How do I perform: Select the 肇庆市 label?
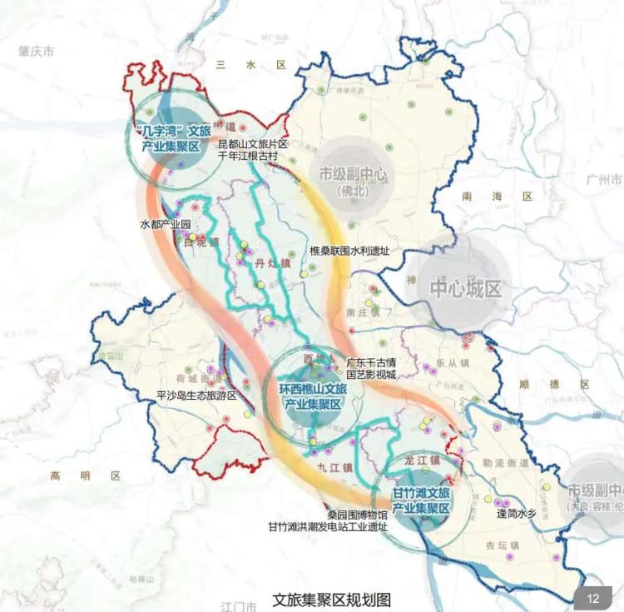(x=36, y=51)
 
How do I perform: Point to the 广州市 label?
(x=603, y=179)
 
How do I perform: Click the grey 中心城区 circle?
(x=465, y=289)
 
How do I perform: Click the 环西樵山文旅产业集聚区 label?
(x=311, y=396)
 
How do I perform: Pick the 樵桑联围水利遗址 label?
(x=349, y=250)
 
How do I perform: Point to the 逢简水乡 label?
(x=521, y=514)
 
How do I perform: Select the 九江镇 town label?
(x=335, y=468)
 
